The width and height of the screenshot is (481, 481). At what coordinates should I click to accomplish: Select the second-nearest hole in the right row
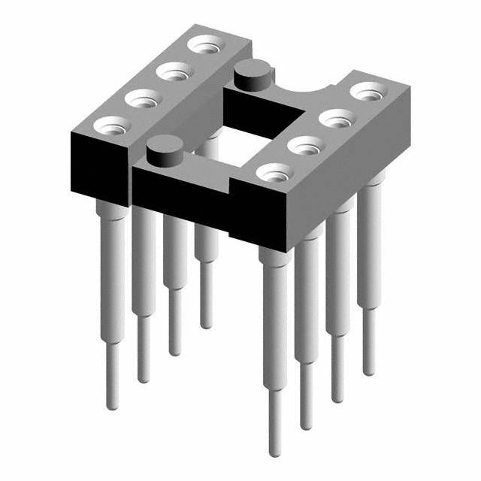pyautogui.click(x=304, y=145)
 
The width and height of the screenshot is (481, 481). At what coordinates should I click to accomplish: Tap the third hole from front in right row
pyautogui.click(x=335, y=119)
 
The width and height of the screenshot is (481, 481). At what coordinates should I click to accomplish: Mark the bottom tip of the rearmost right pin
pyautogui.click(x=368, y=371)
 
